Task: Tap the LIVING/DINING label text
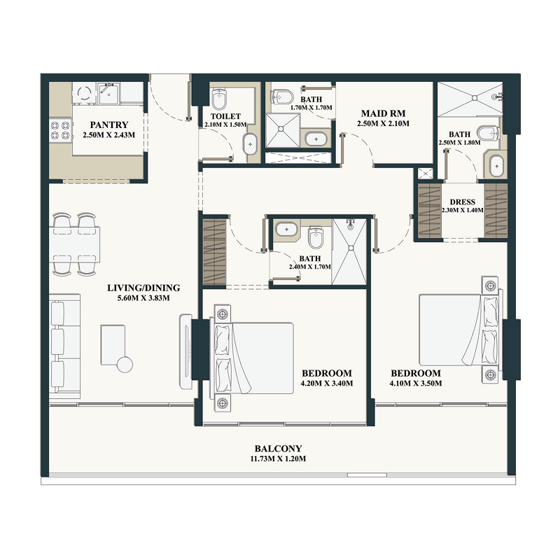coord(143,288)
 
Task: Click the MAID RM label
coord(383,113)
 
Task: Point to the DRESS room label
coord(463,202)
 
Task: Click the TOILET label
coord(225,116)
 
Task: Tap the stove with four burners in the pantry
coord(59,129)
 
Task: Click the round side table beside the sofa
coord(125,364)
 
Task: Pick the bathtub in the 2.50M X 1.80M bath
coord(496,167)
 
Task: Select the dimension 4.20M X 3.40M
coord(326,384)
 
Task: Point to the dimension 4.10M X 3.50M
coord(415,384)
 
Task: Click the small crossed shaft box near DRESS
coord(424,173)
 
